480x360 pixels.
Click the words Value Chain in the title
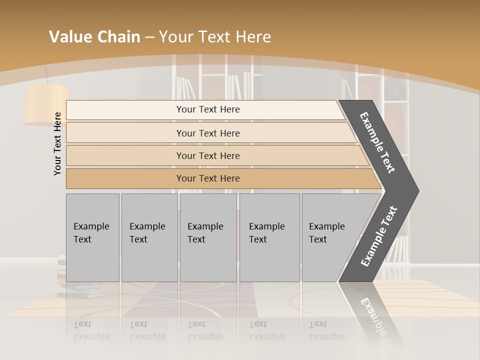click(x=94, y=37)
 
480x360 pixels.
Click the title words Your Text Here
click(x=215, y=37)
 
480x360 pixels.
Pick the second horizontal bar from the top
click(x=207, y=133)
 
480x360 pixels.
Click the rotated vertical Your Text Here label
click(x=57, y=143)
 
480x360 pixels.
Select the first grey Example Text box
click(x=92, y=237)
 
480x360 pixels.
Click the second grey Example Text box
click(x=149, y=237)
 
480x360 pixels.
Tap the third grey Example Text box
click(x=208, y=237)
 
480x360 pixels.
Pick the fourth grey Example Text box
click(x=269, y=237)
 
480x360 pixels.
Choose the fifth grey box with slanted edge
click(x=330, y=237)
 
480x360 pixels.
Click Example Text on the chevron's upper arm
click(x=377, y=142)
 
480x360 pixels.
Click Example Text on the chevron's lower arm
click(x=379, y=236)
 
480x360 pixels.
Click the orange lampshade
click(x=46, y=104)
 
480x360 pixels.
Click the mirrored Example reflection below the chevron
click(x=376, y=320)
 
